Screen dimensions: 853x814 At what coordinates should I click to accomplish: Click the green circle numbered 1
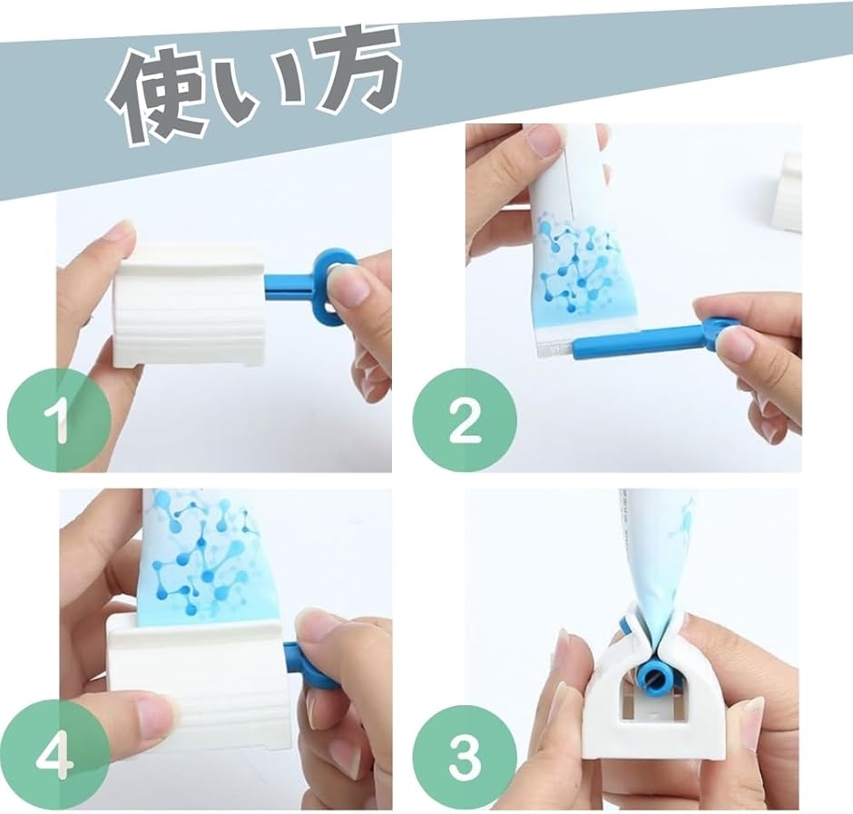pyautogui.click(x=58, y=420)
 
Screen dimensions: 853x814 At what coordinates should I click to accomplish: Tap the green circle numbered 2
pyautogui.click(x=464, y=420)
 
